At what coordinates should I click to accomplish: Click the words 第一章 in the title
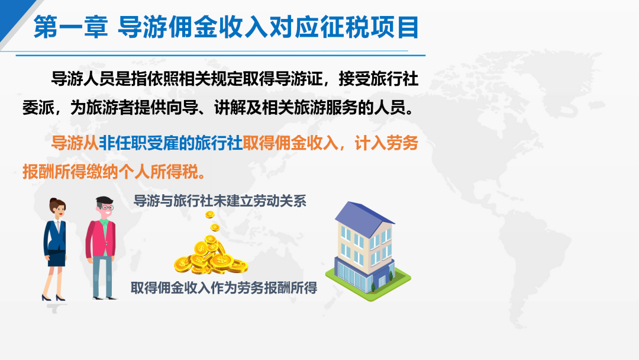[x=70, y=27]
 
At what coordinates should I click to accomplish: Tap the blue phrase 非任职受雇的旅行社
[x=171, y=143]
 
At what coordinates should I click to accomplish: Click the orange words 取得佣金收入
[x=291, y=143]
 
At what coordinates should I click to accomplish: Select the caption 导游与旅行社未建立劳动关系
[x=220, y=201]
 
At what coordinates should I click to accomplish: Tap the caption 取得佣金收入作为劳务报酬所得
[x=224, y=288]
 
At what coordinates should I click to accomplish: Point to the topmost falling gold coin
[x=210, y=214]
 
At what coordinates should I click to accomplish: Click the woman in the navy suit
[x=55, y=249]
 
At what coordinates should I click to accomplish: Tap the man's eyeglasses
[x=106, y=207]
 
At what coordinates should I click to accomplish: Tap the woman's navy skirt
[x=57, y=259]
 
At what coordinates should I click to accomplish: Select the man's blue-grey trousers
[x=102, y=277]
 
